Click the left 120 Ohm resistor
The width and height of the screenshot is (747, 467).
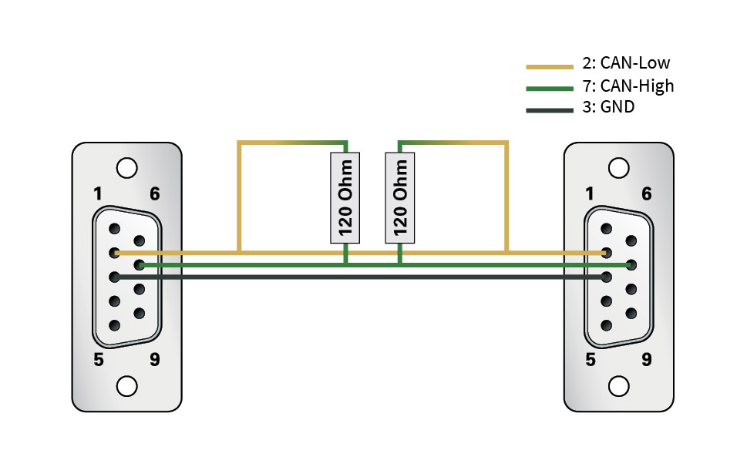click(346, 197)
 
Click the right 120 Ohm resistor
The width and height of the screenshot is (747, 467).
click(399, 197)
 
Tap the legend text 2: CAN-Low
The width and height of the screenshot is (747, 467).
click(626, 63)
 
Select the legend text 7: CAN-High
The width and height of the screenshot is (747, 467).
click(628, 86)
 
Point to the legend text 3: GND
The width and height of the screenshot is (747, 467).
click(608, 107)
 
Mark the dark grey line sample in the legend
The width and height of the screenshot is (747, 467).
click(550, 110)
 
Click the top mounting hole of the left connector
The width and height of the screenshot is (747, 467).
click(127, 167)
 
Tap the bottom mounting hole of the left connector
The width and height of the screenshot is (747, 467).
click(127, 385)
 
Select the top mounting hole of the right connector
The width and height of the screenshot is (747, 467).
click(618, 167)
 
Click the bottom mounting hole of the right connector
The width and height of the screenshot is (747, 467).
click(618, 385)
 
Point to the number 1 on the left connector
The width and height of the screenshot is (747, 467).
click(98, 194)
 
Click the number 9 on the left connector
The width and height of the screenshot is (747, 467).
click(155, 359)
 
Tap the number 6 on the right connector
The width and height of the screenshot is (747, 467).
click(646, 194)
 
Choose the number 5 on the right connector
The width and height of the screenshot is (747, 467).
click(590, 359)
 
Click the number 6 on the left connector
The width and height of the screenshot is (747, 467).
click(155, 194)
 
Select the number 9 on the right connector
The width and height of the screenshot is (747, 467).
click(646, 359)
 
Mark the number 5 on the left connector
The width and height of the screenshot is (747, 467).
click(99, 359)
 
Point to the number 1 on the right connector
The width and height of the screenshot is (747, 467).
click(590, 194)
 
